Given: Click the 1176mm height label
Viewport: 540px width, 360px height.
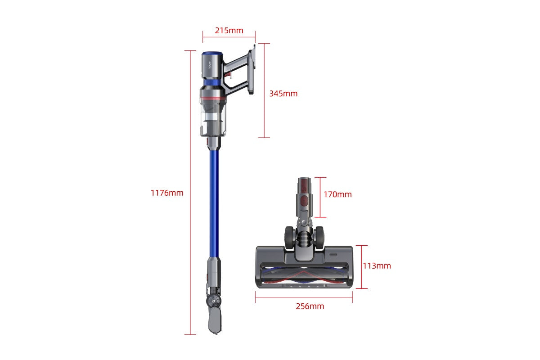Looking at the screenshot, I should pos(167,193).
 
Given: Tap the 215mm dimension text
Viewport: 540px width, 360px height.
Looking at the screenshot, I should pos(229,31).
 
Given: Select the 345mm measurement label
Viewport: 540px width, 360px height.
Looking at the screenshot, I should pos(283,94).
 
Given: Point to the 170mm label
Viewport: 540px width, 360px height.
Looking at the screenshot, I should pos(337,194).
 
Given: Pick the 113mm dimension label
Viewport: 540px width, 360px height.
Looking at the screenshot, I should pos(377,265).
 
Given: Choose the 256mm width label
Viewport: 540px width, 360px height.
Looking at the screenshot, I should pos(310,306).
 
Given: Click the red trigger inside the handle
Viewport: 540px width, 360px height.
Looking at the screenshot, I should pos(229,72).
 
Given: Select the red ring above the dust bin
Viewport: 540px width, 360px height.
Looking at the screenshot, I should pos(212,97).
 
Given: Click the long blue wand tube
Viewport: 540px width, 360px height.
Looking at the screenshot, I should pos(214,202).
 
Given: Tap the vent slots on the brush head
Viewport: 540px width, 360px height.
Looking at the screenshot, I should pos(333,254).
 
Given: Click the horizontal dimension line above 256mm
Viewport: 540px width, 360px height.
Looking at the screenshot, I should pos(304,296).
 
